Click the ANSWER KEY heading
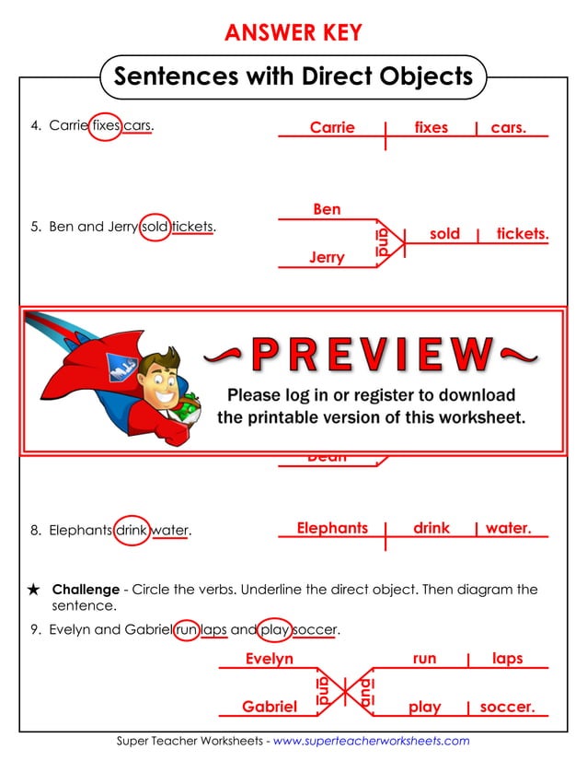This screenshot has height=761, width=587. [x=293, y=33]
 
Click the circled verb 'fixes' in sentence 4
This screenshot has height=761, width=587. [x=106, y=126]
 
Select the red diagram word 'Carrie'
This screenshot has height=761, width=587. [x=332, y=128]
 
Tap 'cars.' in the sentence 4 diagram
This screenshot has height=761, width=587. [x=509, y=128]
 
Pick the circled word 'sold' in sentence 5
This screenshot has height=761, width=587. [x=155, y=227]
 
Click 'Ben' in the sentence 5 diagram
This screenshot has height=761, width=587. [x=327, y=209]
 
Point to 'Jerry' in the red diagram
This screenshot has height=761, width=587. [x=327, y=258]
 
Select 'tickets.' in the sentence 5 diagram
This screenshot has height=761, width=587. [x=522, y=234]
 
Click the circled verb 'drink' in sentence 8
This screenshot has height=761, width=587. [x=132, y=530]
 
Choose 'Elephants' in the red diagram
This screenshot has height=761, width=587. [x=332, y=528]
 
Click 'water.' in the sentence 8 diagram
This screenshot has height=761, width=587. [x=508, y=528]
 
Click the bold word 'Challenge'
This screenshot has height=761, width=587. [x=86, y=590]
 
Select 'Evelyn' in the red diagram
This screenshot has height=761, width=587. [x=270, y=659]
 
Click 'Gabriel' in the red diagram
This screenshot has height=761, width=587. [x=270, y=707]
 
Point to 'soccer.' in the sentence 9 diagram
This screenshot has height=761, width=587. [x=507, y=708]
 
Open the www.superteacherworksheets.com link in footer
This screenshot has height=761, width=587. [x=372, y=741]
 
